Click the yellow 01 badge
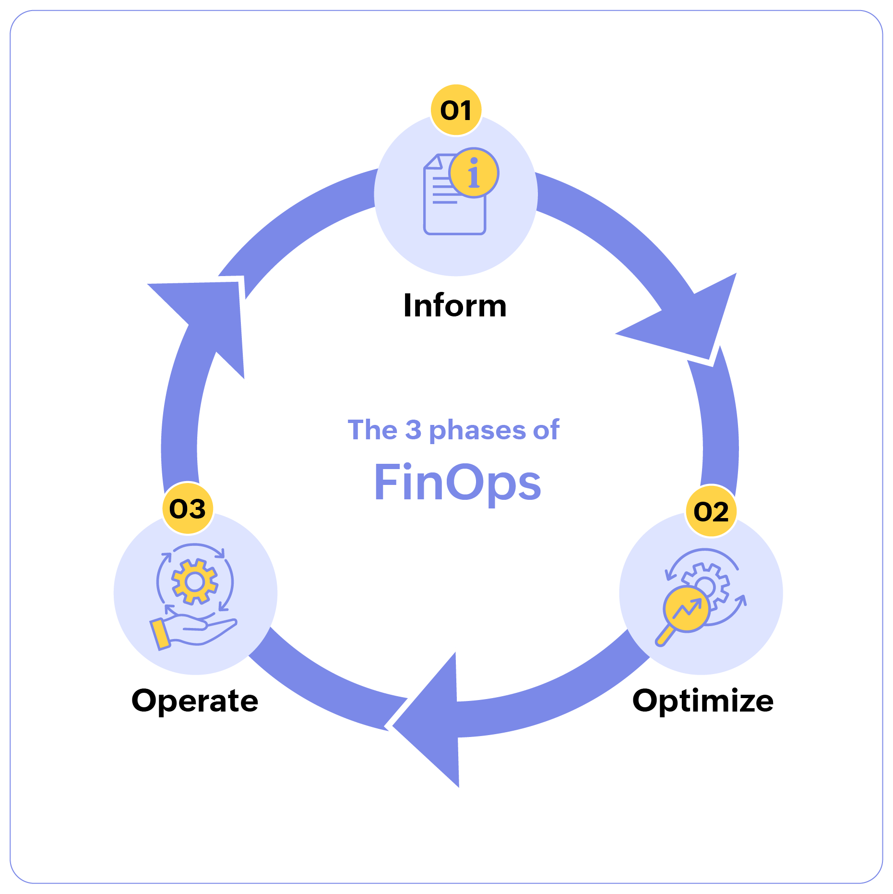pos(456,110)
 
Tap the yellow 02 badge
pos(711,511)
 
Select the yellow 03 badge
pos(188,508)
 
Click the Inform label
pos(455,305)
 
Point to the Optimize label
pos(702,701)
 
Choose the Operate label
pos(195,701)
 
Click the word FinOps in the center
pos(457,483)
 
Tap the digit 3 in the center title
pos(413,429)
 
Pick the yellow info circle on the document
pos(474,173)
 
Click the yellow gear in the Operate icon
pos(195,581)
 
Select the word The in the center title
pos(372,429)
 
